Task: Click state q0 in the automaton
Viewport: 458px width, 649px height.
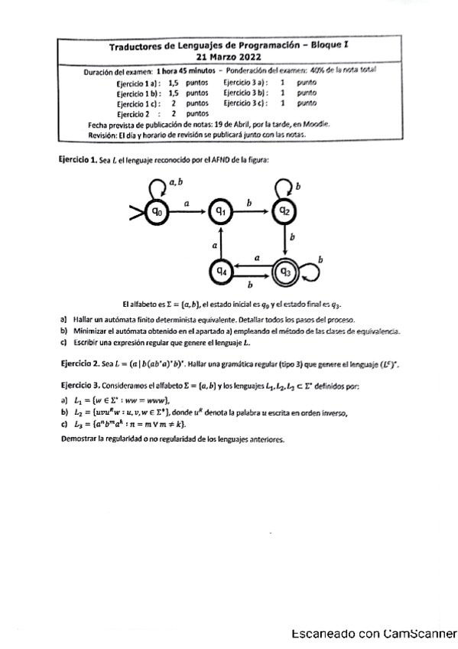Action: (156, 210)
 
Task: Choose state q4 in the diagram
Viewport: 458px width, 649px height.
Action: (221, 269)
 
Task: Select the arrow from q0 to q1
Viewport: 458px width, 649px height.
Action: (188, 210)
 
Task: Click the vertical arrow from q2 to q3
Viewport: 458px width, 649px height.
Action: (285, 240)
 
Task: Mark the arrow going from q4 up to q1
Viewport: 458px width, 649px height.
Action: (221, 240)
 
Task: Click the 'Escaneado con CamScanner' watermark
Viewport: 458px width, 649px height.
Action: (373, 634)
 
